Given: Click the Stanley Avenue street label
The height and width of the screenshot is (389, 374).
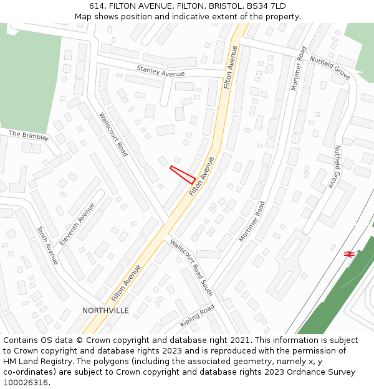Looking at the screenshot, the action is [x=160, y=73].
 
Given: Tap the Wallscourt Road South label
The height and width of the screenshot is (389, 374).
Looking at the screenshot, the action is [x=191, y=268].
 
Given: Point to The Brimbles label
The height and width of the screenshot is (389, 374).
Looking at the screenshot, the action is [x=28, y=136].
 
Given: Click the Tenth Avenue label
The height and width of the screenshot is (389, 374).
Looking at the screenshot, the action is [x=47, y=245].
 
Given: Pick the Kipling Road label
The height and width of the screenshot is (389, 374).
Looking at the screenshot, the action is [x=197, y=316].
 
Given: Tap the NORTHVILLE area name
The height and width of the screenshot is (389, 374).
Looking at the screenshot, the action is [x=105, y=310].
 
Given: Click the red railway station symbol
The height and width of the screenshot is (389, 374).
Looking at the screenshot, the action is [x=349, y=253].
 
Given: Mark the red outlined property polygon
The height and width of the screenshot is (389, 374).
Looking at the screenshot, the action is [x=183, y=174].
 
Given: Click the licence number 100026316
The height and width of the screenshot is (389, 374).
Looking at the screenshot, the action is [x=26, y=382].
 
